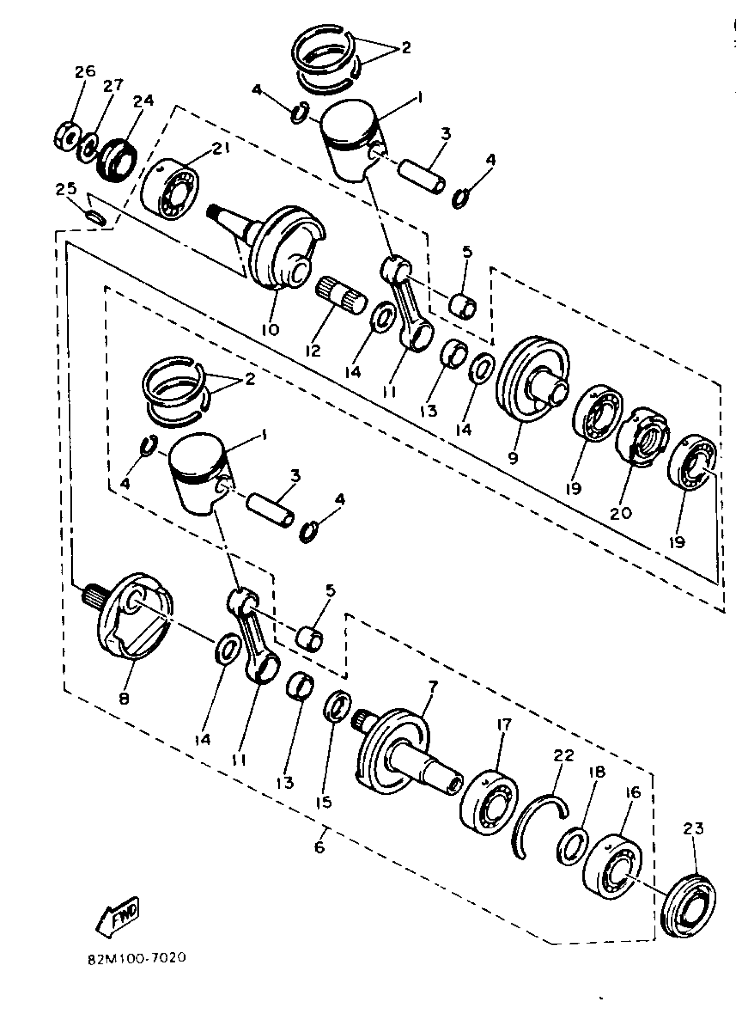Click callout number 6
pyautogui.click(x=320, y=847)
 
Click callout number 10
pyautogui.click(x=270, y=330)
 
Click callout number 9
pyautogui.click(x=513, y=458)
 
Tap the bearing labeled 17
pyautogui.click(x=489, y=802)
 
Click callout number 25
pyautogui.click(x=66, y=190)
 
